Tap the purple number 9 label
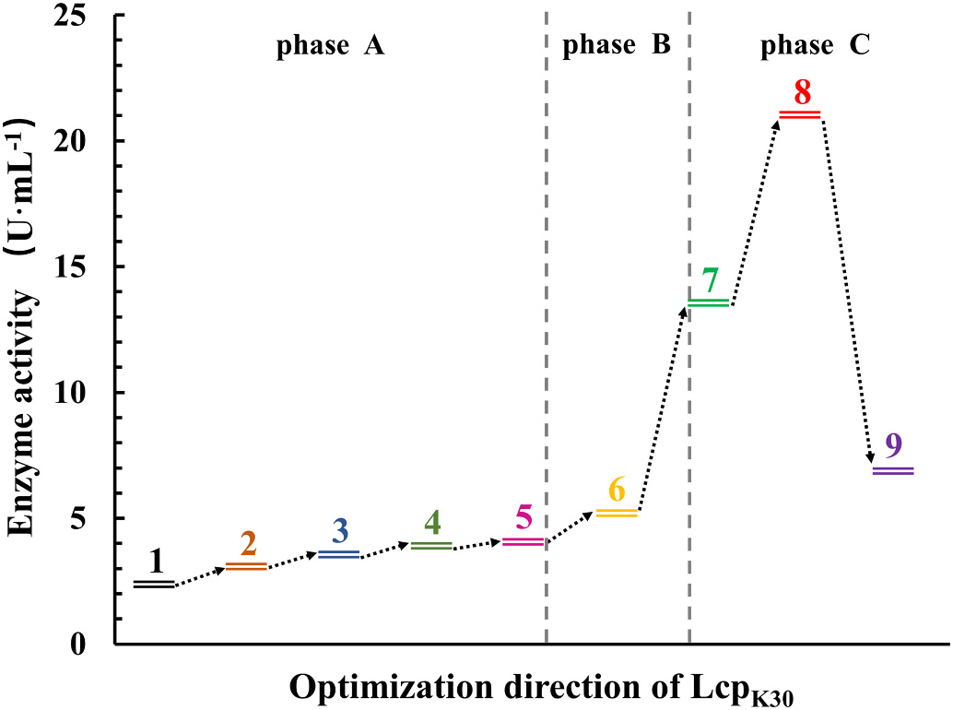[x=893, y=446]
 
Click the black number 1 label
[x=156, y=561]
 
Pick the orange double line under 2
[x=246, y=566]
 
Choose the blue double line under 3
[x=338, y=554]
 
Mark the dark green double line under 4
[x=431, y=546]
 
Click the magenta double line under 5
[x=524, y=541]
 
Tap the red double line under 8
[x=800, y=114]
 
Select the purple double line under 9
[x=893, y=470]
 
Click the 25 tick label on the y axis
[x=86, y=16]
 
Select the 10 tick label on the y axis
[x=86, y=393]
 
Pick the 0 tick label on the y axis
[x=92, y=645]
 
